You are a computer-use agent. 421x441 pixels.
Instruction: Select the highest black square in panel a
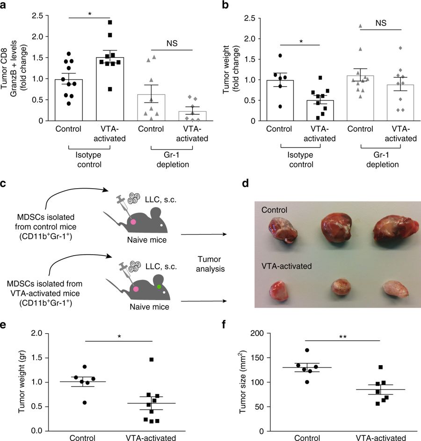click(109, 22)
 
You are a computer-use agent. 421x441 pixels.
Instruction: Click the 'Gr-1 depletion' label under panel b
click(380, 160)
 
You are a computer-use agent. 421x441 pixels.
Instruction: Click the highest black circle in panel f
click(307, 350)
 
